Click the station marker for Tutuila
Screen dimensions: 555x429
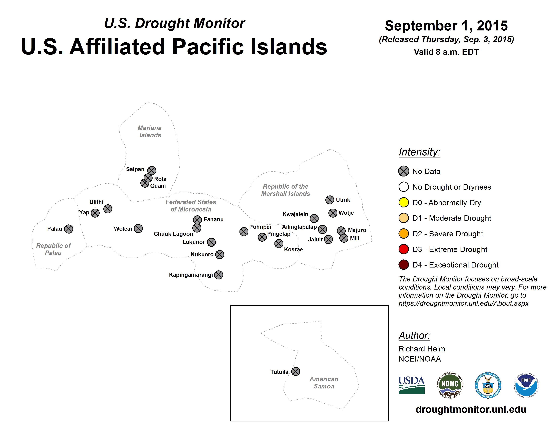[x=295, y=372]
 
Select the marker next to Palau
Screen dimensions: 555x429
[x=69, y=229]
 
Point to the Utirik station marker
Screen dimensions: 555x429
[x=330, y=200]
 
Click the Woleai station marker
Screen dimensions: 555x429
[x=138, y=228]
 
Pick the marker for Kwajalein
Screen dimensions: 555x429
[x=314, y=218]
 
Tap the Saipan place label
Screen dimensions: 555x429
[x=135, y=169]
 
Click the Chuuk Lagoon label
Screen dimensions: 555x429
[x=173, y=234]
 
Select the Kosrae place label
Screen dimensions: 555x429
[x=293, y=249]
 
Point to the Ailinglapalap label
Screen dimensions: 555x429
[x=299, y=227]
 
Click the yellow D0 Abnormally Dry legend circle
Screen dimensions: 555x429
[x=403, y=203]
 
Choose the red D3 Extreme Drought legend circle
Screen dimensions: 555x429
[x=403, y=249]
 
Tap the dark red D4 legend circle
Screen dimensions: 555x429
[x=403, y=265]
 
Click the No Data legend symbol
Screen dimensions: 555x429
[x=403, y=171]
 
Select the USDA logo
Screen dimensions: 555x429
[x=412, y=385]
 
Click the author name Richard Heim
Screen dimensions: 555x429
[x=422, y=349]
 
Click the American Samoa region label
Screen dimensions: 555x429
[x=324, y=383]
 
